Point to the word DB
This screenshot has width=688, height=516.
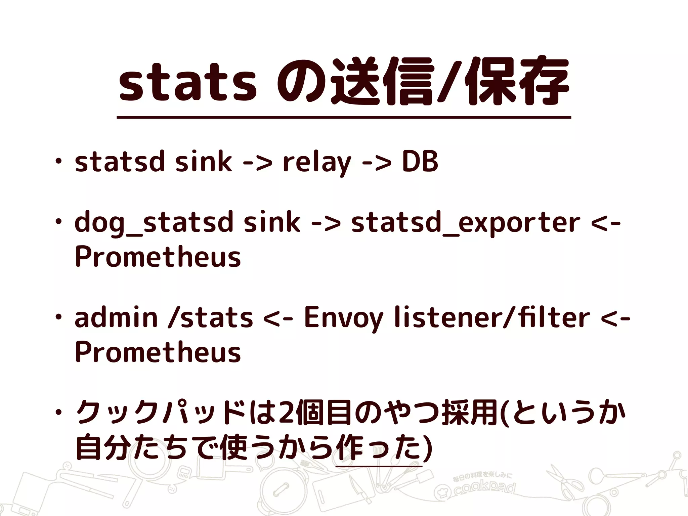(420, 162)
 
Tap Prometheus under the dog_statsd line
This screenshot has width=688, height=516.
(158, 257)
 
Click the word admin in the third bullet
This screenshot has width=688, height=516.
(116, 317)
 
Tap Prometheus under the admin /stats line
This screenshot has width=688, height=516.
(158, 352)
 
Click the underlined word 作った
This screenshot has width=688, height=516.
(378, 448)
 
